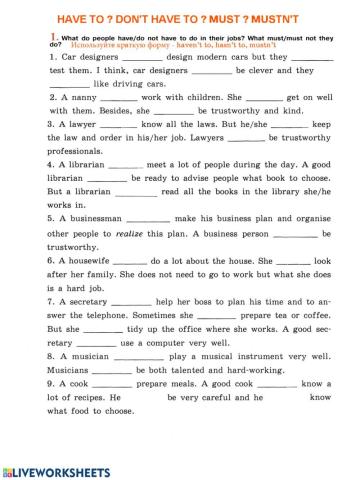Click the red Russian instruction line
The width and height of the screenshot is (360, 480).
coord(180,46)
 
